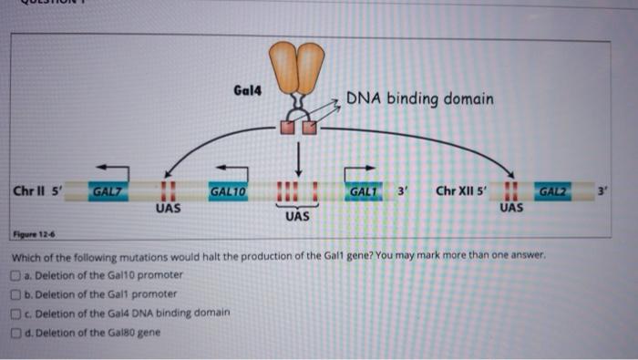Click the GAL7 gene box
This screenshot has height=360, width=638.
pos(108,192)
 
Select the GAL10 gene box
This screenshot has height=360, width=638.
pos(228,192)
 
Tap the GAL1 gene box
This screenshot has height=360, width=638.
pos(364,192)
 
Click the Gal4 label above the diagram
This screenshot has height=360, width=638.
pos(245,92)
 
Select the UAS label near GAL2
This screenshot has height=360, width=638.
pos(511,209)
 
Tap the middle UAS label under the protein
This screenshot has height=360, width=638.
pos(297,218)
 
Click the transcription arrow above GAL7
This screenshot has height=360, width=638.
pos(113,168)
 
